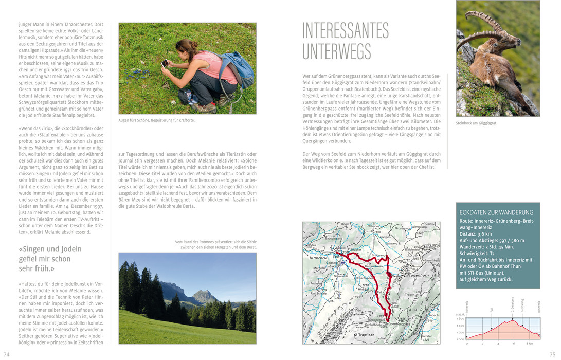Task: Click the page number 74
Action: (7, 354)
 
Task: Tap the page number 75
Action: (553, 354)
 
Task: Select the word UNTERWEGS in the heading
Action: (336, 51)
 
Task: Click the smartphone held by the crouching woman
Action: (164, 64)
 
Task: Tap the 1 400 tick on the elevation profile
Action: (460, 326)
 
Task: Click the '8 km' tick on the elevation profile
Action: (529, 343)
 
